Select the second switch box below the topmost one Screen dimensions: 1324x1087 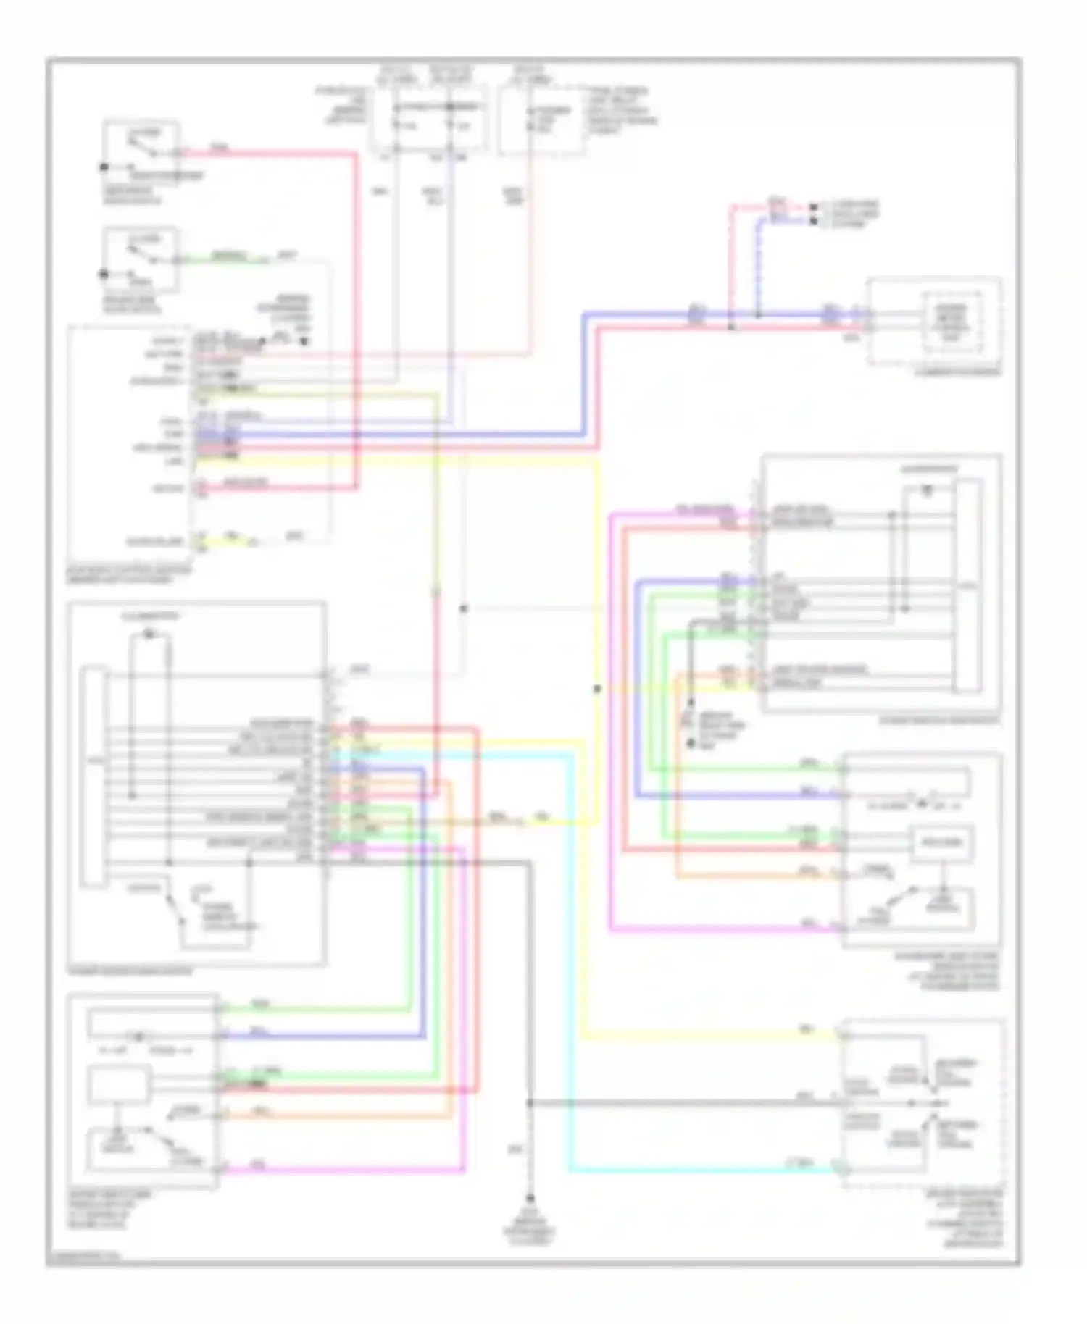[141, 259]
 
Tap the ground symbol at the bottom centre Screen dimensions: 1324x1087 [530, 1199]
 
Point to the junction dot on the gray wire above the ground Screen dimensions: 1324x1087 [530, 1103]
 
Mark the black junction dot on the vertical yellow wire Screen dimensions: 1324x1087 [597, 689]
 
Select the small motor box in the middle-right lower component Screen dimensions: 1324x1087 [941, 842]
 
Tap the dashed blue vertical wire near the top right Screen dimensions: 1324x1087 [758, 268]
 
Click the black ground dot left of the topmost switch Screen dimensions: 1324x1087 [104, 167]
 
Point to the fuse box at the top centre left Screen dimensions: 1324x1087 [425, 120]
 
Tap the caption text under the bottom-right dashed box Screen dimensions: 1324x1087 [973, 1221]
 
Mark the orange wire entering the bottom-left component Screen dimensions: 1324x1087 [341, 1116]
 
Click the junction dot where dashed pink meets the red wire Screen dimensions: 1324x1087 [731, 328]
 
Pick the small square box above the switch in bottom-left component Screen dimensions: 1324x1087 [119, 1084]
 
